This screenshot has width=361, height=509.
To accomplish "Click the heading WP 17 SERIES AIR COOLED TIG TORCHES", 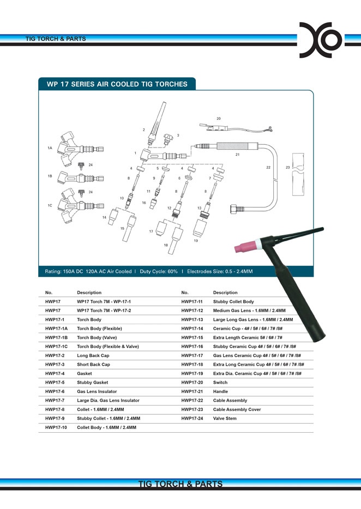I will click(117, 84).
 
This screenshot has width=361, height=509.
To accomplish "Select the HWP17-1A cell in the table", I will click(57, 329).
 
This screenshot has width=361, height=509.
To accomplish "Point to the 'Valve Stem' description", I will click(225, 418).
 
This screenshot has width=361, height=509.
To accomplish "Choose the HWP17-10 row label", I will click(56, 427).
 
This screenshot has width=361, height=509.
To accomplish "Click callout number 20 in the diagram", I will click(219, 118).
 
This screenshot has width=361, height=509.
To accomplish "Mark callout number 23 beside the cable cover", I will click(287, 167).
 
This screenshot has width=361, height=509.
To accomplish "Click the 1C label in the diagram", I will click(50, 205).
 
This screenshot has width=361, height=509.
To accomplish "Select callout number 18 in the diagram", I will click(166, 245).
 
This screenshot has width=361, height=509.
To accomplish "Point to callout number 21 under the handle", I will click(237, 155).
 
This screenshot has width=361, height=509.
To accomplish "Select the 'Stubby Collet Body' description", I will click(233, 302).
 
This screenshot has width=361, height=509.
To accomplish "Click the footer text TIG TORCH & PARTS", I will click(180, 484).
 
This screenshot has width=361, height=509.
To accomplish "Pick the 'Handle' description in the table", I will click(220, 391).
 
